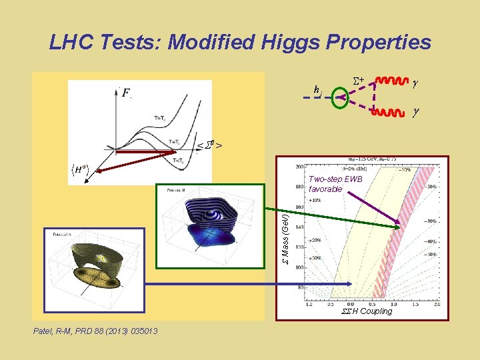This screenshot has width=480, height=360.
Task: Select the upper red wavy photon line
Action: (393, 81)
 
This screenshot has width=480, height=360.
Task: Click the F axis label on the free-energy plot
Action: (126, 93)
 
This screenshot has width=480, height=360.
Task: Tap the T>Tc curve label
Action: (161, 118)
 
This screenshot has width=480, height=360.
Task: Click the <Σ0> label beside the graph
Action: (209, 145)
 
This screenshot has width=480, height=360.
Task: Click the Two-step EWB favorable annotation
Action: (335, 184)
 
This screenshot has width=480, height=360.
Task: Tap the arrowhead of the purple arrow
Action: (399, 225)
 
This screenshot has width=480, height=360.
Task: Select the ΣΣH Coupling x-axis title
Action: (367, 311)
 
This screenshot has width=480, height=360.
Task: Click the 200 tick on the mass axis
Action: (300, 167)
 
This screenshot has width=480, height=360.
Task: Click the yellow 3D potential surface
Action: (93, 267)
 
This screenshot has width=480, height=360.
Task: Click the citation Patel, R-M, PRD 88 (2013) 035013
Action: (93, 331)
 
